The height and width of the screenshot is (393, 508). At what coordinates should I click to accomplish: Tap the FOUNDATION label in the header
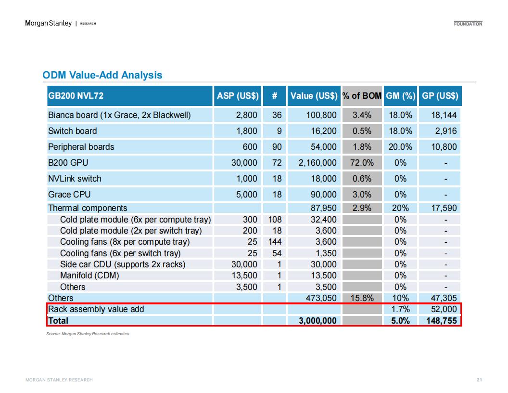[468, 24]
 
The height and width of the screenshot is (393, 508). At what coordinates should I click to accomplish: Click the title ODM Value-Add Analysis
[102, 75]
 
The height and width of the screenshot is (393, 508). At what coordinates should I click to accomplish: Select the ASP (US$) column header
[238, 96]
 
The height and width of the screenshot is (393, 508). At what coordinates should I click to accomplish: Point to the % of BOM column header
[362, 96]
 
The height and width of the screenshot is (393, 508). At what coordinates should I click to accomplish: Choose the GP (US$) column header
[440, 96]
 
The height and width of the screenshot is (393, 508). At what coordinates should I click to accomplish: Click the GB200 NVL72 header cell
[76, 96]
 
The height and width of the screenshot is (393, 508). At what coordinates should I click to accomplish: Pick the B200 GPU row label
[68, 163]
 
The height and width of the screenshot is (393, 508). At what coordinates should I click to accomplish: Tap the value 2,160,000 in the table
[317, 163]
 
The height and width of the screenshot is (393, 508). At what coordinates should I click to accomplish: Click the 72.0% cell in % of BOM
[362, 163]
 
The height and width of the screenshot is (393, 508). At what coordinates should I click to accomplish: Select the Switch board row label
[72, 131]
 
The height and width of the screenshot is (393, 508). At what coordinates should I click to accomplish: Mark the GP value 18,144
[444, 115]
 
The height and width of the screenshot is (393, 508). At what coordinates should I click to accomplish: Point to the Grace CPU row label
[69, 195]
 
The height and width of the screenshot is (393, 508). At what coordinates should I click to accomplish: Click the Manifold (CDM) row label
[89, 275]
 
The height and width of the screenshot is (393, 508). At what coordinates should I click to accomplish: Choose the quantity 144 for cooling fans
[275, 242]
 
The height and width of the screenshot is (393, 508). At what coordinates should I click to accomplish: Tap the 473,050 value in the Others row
[321, 298]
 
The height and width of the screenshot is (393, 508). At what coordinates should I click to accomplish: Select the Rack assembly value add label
[96, 309]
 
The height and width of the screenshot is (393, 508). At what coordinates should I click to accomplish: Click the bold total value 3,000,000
[317, 321]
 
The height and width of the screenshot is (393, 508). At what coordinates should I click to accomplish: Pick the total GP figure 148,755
[442, 321]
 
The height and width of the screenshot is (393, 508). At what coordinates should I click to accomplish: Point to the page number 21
[479, 380]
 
